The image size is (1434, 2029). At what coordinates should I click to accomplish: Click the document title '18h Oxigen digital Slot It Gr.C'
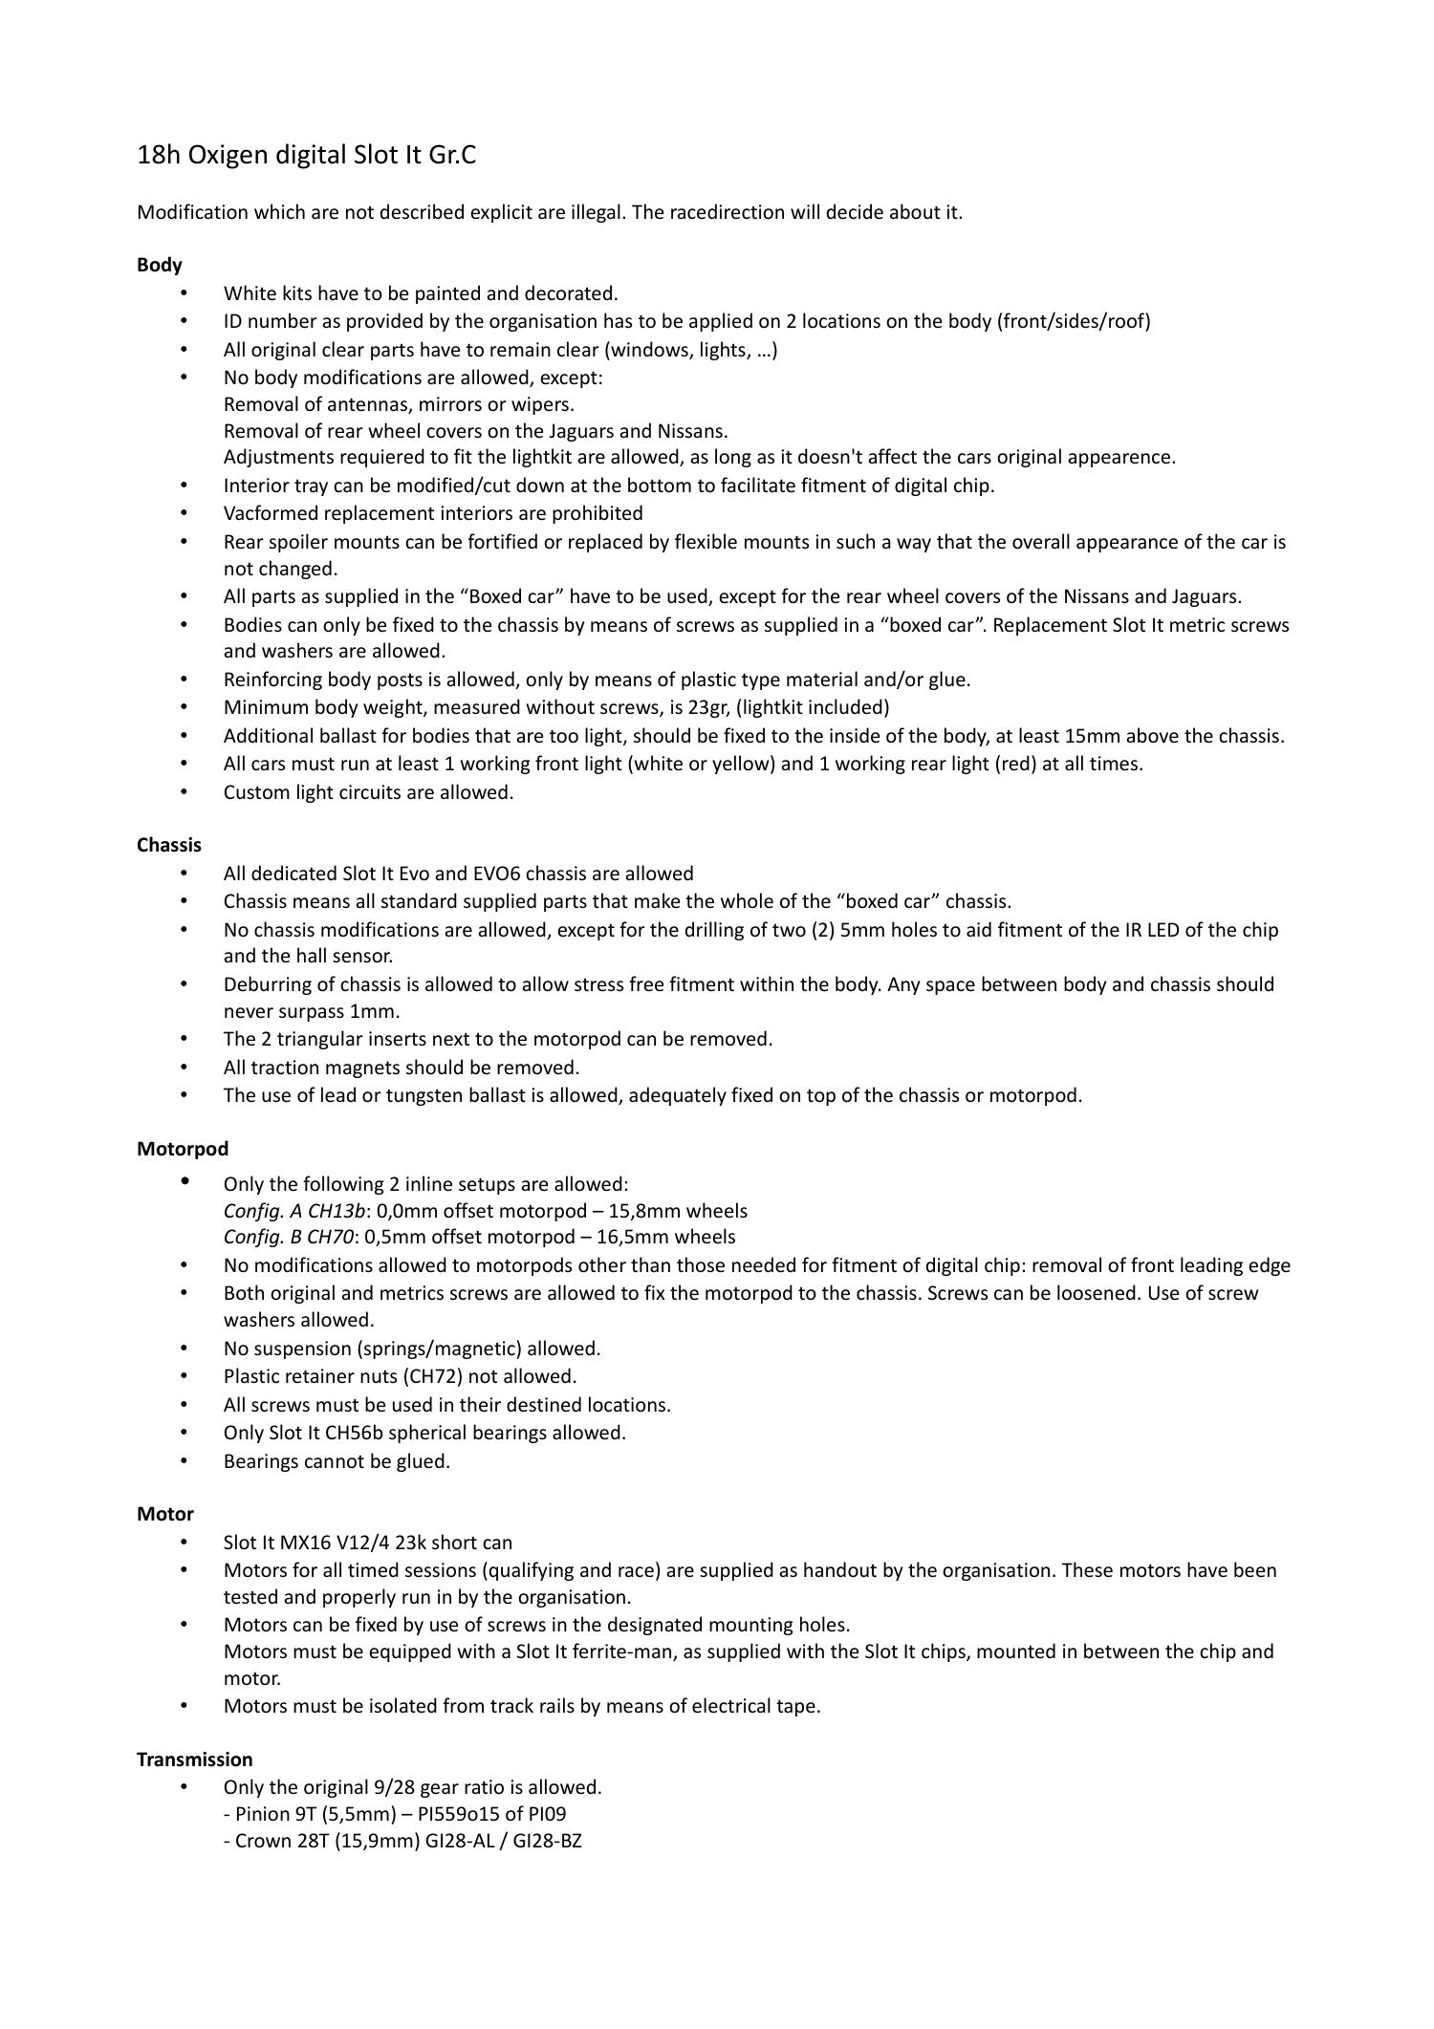306,155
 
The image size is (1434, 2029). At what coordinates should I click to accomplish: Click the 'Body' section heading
160,265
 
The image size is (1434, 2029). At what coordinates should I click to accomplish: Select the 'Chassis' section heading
169,845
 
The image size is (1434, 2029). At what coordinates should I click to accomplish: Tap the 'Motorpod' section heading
183,1149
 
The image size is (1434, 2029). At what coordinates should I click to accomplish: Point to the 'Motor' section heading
165,1514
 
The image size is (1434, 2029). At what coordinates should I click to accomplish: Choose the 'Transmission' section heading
195,1759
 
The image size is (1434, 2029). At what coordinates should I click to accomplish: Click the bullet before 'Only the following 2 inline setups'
185,1182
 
